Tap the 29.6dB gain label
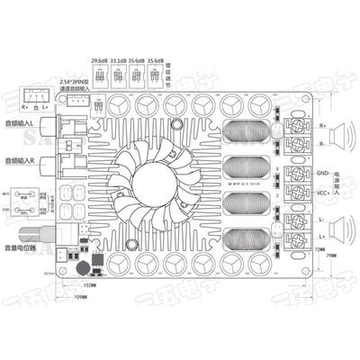99,61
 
